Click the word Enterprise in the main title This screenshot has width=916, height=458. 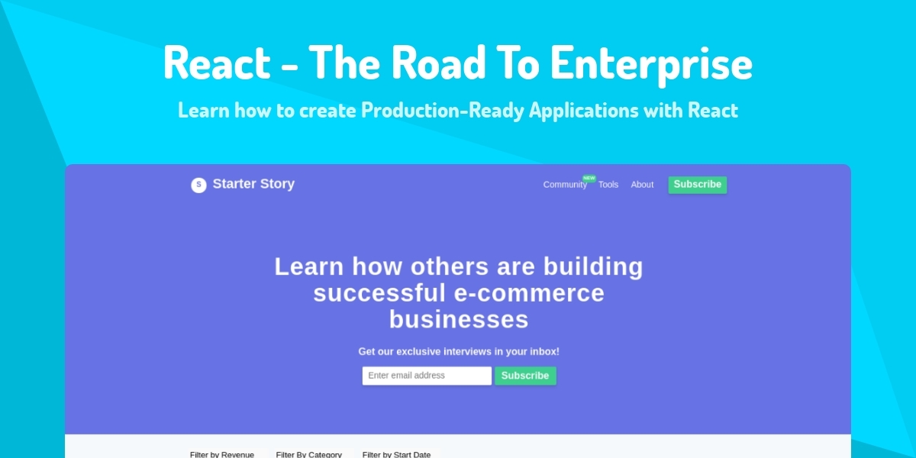pyautogui.click(x=651, y=63)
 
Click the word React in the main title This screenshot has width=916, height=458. pyautogui.click(x=216, y=63)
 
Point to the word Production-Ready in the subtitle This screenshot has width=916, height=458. pyautogui.click(x=443, y=111)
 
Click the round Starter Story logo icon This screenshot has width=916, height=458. pyautogui.click(x=198, y=185)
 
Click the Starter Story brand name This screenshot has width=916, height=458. pyautogui.click(x=253, y=184)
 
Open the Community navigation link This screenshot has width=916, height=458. pyautogui.click(x=565, y=185)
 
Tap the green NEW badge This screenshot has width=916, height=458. pyautogui.click(x=589, y=178)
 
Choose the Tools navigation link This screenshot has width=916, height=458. pyautogui.click(x=608, y=185)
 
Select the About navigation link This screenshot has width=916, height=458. pyautogui.click(x=642, y=185)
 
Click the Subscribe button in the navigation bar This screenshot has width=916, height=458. pyautogui.click(x=698, y=185)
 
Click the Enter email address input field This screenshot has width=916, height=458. pyautogui.click(x=427, y=376)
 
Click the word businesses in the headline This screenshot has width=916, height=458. pyautogui.click(x=459, y=319)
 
